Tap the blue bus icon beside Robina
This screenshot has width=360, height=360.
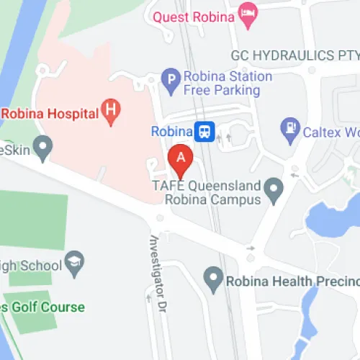click(205, 132)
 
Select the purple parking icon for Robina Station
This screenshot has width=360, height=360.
click(171, 83)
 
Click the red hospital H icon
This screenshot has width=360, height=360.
click(111, 111)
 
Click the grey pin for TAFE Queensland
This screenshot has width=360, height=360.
click(273, 191)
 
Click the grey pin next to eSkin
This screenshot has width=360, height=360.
click(45, 150)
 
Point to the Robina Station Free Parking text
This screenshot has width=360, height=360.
click(222, 84)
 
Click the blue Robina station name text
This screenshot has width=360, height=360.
click(171, 132)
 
